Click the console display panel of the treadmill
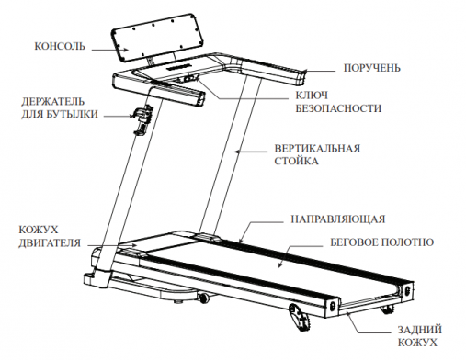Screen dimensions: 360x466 click(154, 40)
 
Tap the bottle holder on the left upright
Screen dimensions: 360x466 click(141, 120)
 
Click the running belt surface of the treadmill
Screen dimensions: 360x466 click(248, 266)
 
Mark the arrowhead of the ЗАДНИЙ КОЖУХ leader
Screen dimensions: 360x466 click(352, 313)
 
